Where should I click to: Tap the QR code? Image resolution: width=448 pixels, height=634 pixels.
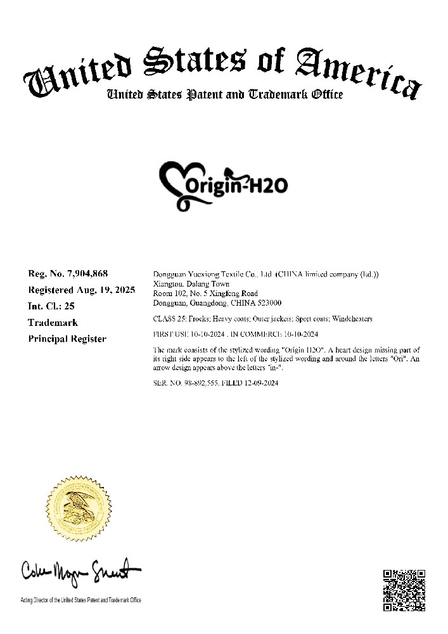pos(405,591)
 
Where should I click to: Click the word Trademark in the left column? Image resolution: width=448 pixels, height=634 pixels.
pos(53,323)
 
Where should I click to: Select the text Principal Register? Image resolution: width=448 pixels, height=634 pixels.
pos(68,339)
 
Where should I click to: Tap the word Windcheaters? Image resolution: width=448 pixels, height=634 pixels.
pos(352,318)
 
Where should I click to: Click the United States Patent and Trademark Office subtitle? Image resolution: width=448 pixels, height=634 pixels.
pos(224,95)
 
